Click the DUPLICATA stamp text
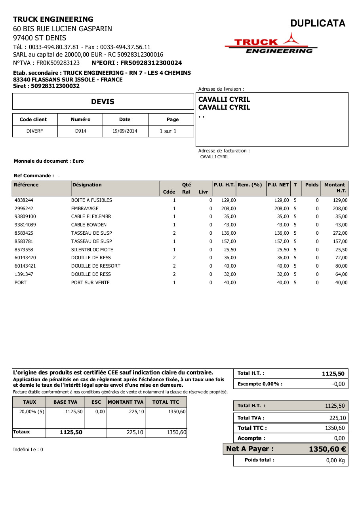318,23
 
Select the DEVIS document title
103,102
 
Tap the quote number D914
80,131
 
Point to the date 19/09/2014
125,131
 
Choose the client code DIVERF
34,131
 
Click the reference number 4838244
24,200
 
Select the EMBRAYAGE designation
85,209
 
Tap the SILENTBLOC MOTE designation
92,250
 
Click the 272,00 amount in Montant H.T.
340,233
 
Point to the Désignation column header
87,185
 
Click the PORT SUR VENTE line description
90,283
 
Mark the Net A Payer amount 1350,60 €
327,449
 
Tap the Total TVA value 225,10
337,418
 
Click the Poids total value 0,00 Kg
335,460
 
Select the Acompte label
251,438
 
